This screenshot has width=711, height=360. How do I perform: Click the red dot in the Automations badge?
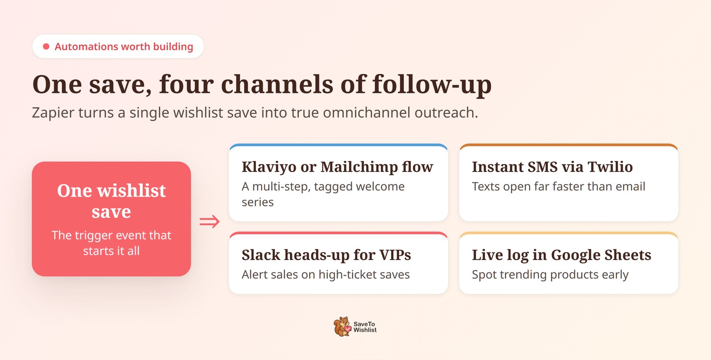tap(46, 46)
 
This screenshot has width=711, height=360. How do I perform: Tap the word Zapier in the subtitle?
tap(53, 113)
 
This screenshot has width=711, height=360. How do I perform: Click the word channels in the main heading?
tap(277, 84)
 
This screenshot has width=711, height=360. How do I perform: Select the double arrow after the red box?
tap(210, 221)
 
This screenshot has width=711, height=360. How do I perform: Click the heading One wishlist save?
tap(111, 201)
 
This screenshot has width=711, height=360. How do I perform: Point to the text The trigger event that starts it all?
tap(111, 243)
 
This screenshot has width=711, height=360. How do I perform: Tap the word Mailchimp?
tap(359, 167)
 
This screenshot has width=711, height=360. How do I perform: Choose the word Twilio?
tap(610, 167)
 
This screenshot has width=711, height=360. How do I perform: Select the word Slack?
tap(261, 255)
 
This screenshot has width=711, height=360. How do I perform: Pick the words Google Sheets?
tap(601, 255)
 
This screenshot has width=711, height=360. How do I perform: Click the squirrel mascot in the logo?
tap(342, 326)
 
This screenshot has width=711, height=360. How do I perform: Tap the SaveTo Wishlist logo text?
tap(365, 327)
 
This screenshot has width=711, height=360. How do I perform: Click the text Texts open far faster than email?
tap(559, 187)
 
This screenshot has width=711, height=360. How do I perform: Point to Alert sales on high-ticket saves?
tap(326, 275)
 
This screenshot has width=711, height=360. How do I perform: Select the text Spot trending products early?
tap(550, 275)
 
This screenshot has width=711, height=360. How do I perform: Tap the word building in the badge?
tap(173, 47)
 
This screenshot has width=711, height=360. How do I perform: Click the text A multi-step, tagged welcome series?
tap(323, 194)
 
